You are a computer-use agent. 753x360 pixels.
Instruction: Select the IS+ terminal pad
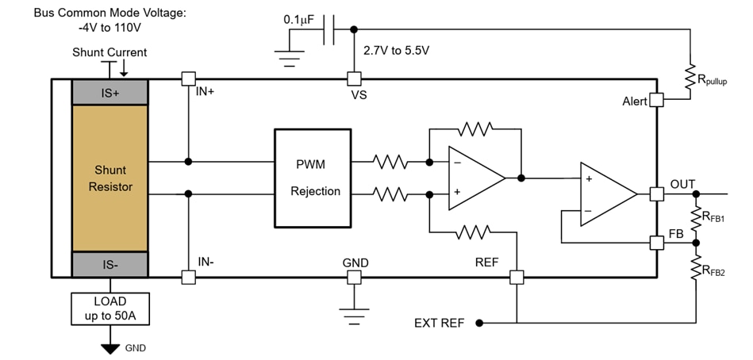[x=109, y=92]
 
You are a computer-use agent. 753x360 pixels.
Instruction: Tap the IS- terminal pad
[x=109, y=264]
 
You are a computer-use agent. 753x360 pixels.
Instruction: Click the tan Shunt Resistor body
[x=109, y=178]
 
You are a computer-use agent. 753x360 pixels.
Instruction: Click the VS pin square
[x=354, y=79]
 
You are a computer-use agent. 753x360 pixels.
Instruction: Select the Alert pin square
[x=656, y=101]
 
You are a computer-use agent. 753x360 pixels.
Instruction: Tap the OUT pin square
[x=656, y=193]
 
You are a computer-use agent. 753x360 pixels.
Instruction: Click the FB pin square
[x=656, y=243]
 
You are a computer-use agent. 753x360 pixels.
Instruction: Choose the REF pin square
[x=517, y=278]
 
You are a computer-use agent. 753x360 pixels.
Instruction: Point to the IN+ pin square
[x=188, y=79]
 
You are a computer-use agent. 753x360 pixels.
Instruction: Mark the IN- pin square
[x=188, y=278]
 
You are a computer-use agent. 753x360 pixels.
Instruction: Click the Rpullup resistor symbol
[x=691, y=78]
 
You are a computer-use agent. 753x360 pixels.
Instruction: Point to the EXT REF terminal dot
[x=478, y=323]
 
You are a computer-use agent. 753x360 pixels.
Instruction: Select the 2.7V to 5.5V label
[x=396, y=51]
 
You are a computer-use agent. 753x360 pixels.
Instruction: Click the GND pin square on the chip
[x=354, y=278]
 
